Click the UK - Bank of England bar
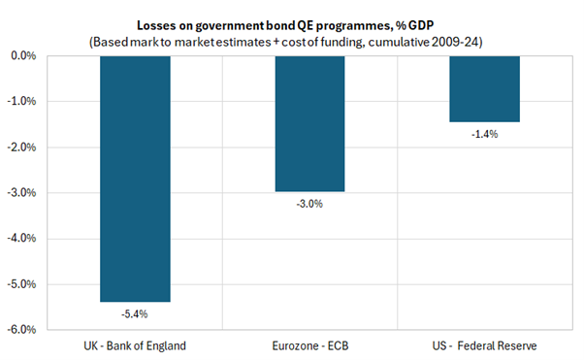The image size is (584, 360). (135, 179)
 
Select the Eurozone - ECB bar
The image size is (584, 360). (309, 124)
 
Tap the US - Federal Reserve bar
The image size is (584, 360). (484, 89)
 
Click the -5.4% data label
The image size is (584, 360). (135, 313)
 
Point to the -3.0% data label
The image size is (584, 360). (309, 205)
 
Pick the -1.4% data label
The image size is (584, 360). (484, 134)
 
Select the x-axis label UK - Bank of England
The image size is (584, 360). (135, 345)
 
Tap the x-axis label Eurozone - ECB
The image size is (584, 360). (309, 345)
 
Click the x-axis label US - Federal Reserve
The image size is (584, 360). (484, 345)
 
